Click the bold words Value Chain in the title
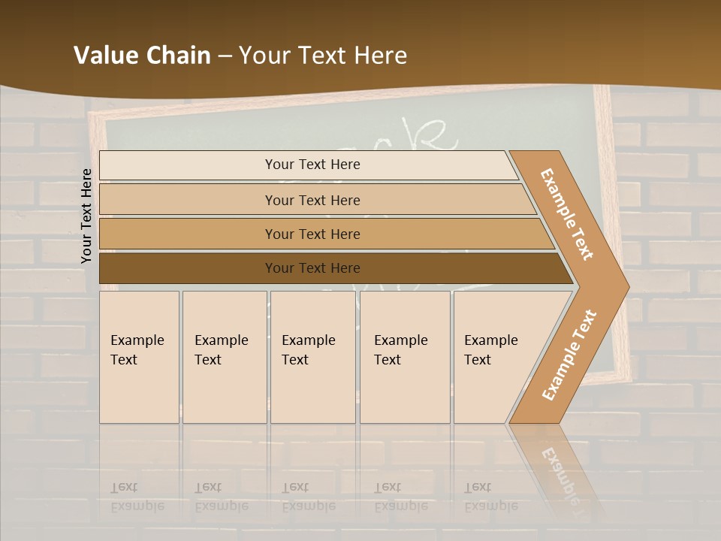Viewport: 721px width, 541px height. (142, 55)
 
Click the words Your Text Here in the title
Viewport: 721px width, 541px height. (323, 55)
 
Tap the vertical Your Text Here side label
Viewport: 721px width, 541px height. (86, 216)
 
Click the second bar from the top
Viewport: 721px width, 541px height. (312, 200)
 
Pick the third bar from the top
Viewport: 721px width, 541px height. (312, 234)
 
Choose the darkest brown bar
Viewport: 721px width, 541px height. (312, 268)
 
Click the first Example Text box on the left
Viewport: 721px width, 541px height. (139, 357)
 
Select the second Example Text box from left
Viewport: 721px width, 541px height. (224, 357)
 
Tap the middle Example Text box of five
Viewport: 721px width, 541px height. (312, 357)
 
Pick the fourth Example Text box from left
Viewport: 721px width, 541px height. (404, 357)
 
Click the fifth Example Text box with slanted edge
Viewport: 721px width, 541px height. (493, 357)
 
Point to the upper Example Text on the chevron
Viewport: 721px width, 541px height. (567, 214)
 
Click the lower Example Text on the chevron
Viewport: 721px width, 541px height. (569, 355)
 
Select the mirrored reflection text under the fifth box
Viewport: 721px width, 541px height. (490, 497)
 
